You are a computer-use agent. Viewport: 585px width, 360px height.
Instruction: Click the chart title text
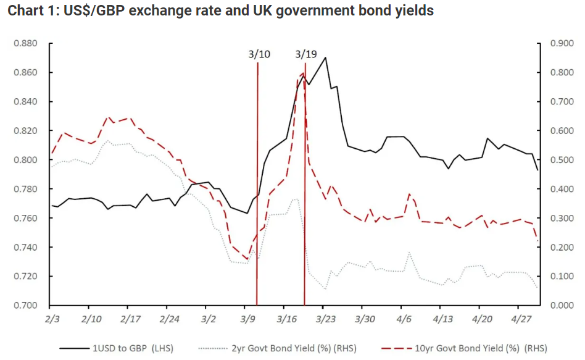pos(220,12)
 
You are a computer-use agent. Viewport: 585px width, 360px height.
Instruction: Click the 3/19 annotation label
pos(306,54)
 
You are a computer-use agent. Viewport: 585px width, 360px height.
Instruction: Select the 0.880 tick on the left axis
pos(27,44)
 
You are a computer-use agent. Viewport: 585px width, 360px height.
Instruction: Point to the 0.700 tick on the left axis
pos(27,306)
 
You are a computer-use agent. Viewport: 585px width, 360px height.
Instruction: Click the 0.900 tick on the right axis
pos(561,44)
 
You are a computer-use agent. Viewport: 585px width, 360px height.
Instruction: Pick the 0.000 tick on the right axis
pos(561,306)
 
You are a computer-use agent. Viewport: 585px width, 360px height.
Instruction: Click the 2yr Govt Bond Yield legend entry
pos(284,348)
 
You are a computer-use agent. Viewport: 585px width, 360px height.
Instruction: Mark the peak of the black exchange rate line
pos(325,57)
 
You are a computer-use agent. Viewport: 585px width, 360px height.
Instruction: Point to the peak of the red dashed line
pos(302,73)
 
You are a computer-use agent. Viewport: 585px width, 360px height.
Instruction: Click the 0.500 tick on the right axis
pos(561,160)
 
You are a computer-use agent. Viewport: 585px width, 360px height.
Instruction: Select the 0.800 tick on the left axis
pos(27,160)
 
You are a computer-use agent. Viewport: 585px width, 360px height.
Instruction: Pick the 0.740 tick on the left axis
pos(27,248)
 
